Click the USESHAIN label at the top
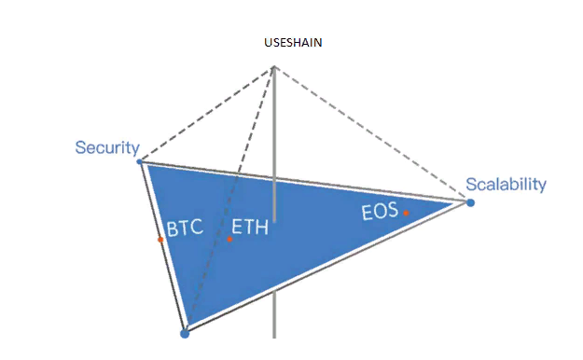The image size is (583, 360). tap(293, 42)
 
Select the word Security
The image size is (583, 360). tap(107, 148)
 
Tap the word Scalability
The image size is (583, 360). tap(506, 185)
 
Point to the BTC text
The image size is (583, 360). tap(185, 228)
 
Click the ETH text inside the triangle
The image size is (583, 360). tap(250, 227)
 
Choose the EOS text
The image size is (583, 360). tap(380, 212)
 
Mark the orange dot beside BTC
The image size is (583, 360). tap(160, 240)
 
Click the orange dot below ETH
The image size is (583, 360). tap(229, 239)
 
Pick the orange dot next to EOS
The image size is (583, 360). tap(406, 213)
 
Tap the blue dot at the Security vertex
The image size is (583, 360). tap(139, 161)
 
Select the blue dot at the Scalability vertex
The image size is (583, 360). tap(470, 202)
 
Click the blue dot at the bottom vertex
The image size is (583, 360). tap(185, 334)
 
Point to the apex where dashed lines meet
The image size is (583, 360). tap(274, 66)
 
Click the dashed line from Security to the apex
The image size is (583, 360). tap(207, 114)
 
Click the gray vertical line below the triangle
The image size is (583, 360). tap(274, 314)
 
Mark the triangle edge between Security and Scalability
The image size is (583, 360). tap(305, 181)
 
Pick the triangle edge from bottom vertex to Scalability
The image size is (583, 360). tap(327, 267)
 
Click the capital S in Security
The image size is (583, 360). tap(80, 147)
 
